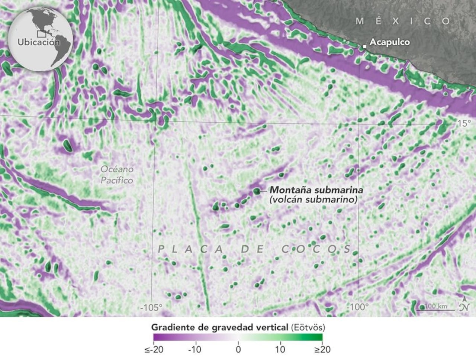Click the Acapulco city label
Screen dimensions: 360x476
[x=389, y=42]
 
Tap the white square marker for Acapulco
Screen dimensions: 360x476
[x=365, y=46]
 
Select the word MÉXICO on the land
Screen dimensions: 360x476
[x=403, y=21]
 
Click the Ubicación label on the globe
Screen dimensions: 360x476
[x=39, y=42]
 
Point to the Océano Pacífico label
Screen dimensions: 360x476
[x=117, y=175]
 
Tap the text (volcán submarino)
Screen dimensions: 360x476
[x=313, y=200]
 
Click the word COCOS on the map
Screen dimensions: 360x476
[x=316, y=249]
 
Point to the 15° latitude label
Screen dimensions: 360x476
[x=464, y=123]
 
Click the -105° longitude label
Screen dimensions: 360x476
[x=151, y=308]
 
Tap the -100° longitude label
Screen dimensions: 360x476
[x=357, y=308]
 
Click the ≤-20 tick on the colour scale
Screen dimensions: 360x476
[x=153, y=350]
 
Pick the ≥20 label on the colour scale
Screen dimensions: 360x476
[x=322, y=350]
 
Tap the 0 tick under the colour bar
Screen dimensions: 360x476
[x=238, y=350]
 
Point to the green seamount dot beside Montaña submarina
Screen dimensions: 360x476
[x=256, y=191]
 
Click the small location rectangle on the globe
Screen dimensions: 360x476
[x=41, y=33]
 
